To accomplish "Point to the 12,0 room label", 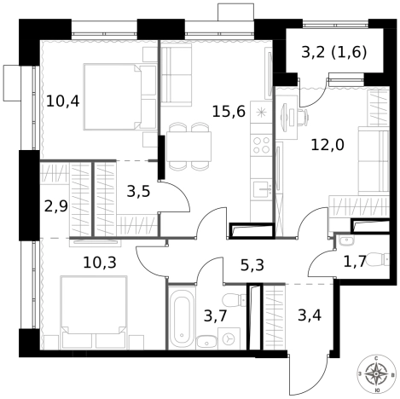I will [x=328, y=144].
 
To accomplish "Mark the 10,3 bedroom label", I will [x=101, y=263].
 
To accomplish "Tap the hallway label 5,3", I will [x=252, y=265].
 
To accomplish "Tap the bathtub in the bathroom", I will [x=183, y=319].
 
